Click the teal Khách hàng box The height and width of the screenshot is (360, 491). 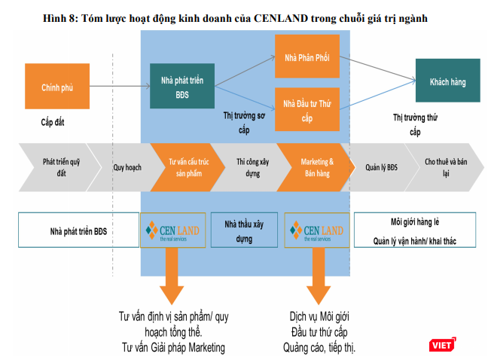(447, 80)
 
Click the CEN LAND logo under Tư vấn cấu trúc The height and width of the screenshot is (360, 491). (172, 230)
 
